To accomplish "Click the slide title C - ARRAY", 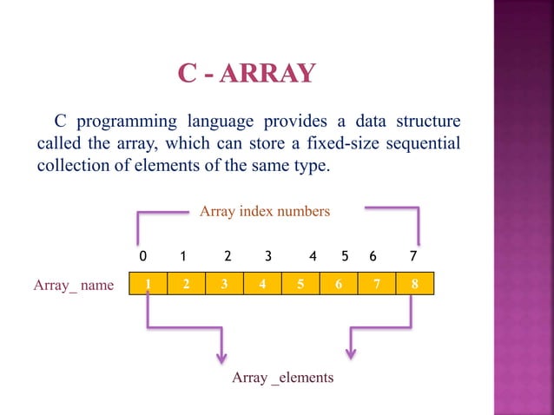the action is pos(246,74).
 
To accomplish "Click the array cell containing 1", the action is pos(148,284).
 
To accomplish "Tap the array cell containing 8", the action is pos(413,284).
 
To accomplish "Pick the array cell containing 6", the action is pos(338,284).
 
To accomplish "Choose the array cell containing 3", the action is pos(224,284).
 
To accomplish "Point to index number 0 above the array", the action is pos(142,257).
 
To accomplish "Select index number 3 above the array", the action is pos(268,257).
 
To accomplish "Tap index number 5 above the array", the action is pos(345,257).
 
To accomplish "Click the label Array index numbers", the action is pos(265,211).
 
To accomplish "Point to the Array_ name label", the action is pos(74,285).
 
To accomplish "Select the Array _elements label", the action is pos(283,379).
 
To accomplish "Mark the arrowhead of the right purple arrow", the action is pos(351,352).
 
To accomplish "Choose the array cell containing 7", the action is pos(376,284).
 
